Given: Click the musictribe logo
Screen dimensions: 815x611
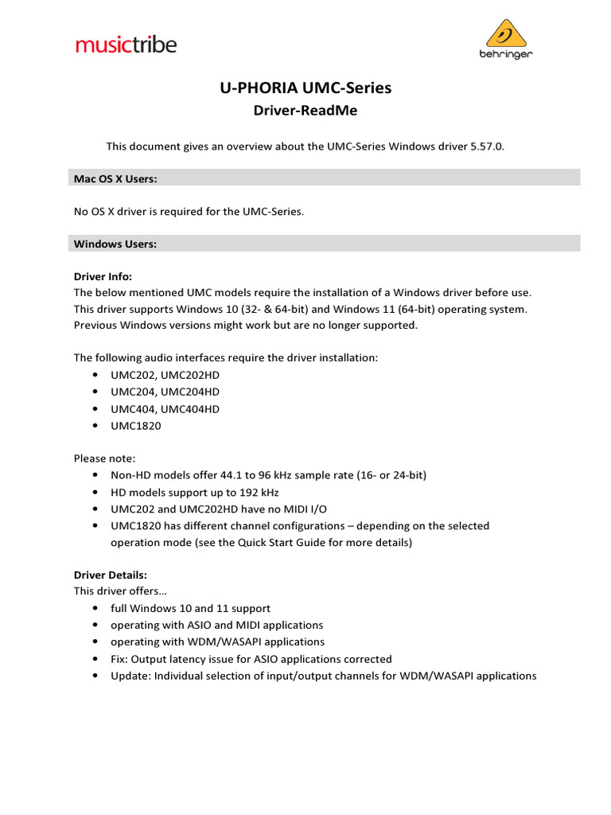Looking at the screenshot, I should (x=126, y=44).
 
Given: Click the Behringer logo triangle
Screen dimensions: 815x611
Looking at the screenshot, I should (x=507, y=34).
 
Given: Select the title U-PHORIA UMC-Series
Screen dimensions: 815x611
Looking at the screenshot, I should (x=305, y=88).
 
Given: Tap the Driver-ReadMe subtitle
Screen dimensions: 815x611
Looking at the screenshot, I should (x=305, y=111).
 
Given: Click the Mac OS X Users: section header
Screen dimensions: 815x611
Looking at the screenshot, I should (x=115, y=178).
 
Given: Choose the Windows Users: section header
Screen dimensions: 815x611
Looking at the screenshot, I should (x=115, y=244).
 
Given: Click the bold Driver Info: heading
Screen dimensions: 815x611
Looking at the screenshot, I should (x=103, y=276).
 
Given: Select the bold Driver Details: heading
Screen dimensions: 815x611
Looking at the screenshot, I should (x=111, y=574).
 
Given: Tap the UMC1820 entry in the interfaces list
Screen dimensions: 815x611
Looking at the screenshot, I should (x=136, y=426).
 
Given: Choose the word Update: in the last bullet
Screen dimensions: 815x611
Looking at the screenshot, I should (x=130, y=676).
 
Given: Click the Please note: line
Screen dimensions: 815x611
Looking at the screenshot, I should (x=105, y=458).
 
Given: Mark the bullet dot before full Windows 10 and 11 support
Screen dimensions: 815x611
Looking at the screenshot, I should (x=95, y=608).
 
